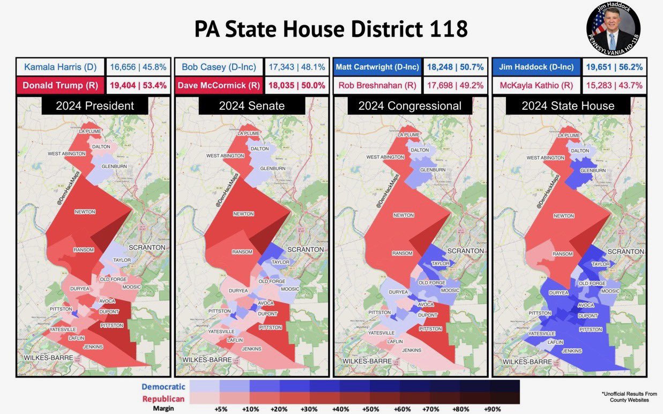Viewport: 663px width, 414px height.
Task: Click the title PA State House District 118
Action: pyautogui.click(x=331, y=29)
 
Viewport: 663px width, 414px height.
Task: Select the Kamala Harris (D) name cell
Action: pyautogui.click(x=59, y=67)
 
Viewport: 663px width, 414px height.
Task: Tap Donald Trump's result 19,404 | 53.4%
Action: pyautogui.click(x=138, y=86)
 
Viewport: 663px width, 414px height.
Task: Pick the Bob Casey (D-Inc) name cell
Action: pyautogui.click(x=219, y=67)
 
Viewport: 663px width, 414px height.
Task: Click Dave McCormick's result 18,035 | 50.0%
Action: pyautogui.click(x=296, y=86)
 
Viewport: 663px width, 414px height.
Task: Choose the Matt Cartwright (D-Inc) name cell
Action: pyautogui.click(x=377, y=67)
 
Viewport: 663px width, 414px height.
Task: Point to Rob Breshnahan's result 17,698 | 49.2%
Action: pyautogui.click(x=455, y=85)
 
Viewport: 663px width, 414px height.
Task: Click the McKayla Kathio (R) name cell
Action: pyautogui.click(x=535, y=85)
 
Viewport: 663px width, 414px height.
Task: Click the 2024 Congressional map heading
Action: pyautogui.click(x=410, y=106)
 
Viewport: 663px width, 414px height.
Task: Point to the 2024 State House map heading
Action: pyautogui.click(x=568, y=106)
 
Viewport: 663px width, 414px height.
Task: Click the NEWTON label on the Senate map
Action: pyautogui.click(x=243, y=214)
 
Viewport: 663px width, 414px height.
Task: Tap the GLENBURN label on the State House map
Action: pyautogui.click(x=592, y=170)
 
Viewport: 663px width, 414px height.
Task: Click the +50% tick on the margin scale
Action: pyautogui.click(x=370, y=409)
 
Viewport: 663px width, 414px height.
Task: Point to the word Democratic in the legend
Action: pyautogui.click(x=163, y=387)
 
